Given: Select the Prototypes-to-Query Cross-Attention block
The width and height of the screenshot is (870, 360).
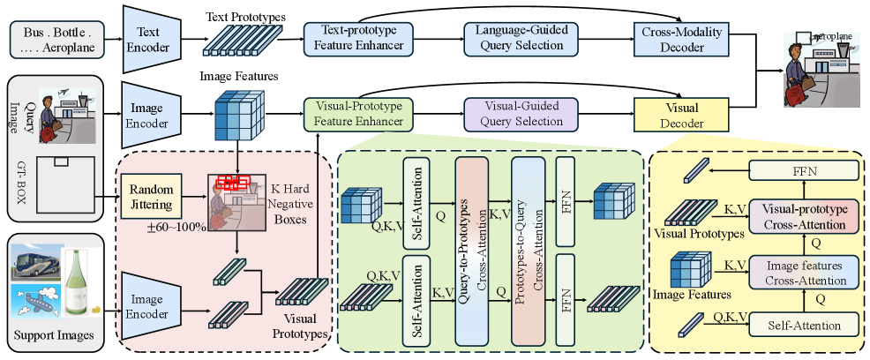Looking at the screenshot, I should [x=529, y=237].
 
